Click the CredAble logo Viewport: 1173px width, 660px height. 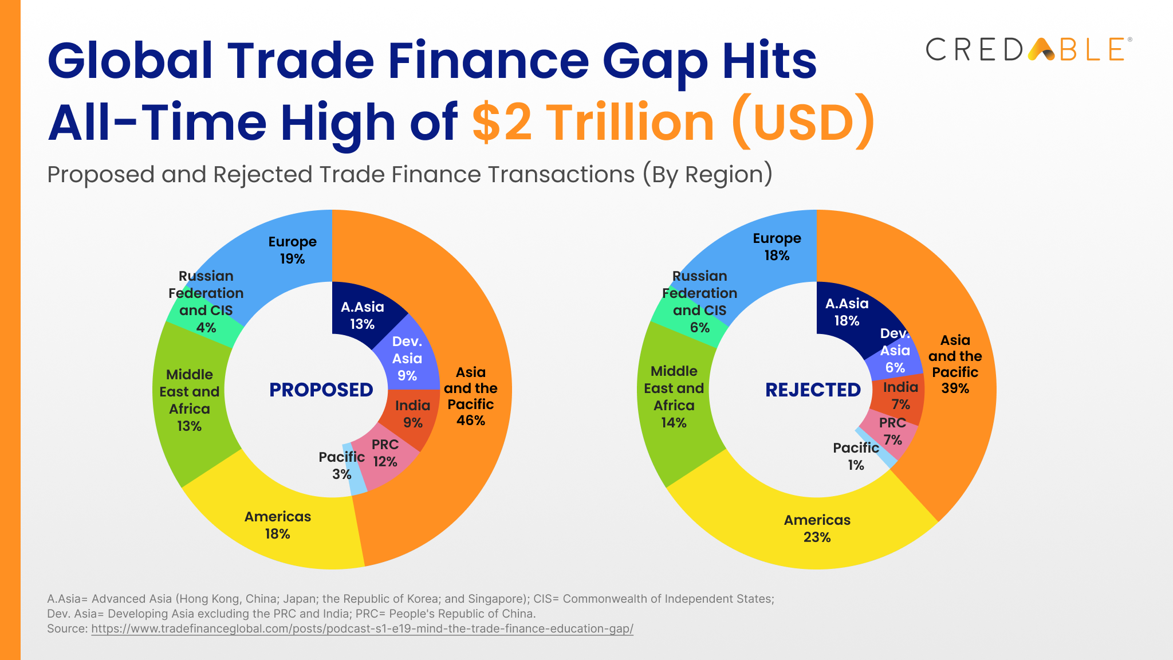point(1029,50)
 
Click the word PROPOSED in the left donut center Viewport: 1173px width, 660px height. point(321,390)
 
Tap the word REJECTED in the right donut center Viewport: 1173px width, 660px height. point(813,390)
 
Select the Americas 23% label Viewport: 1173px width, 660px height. point(817,528)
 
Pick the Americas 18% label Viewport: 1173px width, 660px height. point(277,525)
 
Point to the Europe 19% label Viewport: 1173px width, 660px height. point(292,250)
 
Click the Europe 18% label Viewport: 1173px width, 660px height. point(777,246)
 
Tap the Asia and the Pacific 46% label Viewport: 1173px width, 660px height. point(470,396)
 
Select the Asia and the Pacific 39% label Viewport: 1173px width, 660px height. point(955,364)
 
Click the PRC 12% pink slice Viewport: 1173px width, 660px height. point(385,453)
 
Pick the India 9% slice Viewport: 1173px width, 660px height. point(412,414)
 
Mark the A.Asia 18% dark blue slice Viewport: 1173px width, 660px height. point(847,312)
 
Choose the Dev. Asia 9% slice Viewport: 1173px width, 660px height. point(407,358)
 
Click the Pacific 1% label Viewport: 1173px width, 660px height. point(856,456)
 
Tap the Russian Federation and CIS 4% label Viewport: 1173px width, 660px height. point(206,301)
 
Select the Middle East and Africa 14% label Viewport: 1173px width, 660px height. point(674,396)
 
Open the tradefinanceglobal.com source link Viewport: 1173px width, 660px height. point(362,628)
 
